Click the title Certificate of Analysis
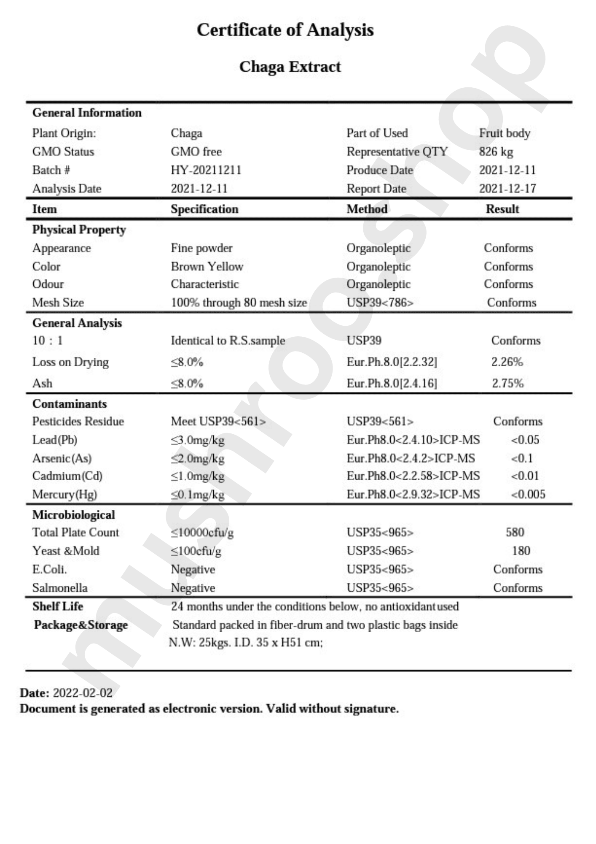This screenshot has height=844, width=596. pos(285,30)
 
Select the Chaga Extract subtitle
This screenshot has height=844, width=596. pos(290,67)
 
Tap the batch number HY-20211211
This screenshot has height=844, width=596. pos(206,170)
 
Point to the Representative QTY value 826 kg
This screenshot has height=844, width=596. pos(496,151)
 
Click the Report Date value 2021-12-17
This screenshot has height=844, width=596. pos(507,189)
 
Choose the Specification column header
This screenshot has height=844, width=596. pos(204,209)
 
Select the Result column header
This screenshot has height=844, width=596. pos(502,209)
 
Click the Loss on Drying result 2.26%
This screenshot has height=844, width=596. pos(507,362)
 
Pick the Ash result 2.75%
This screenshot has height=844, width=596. pos(507,384)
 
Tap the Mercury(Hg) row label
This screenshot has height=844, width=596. pos(64,495)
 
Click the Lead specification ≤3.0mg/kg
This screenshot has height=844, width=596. pos(197,440)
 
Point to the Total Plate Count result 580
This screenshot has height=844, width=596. pos(515,532)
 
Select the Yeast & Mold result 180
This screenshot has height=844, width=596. pos(521,551)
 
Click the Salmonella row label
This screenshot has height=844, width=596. pos(60,588)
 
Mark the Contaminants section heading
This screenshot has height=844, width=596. pos(70,404)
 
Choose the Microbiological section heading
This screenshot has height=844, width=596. pos(73,515)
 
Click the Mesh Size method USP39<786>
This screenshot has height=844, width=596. pos(380,303)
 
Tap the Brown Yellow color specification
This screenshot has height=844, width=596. pos(207,267)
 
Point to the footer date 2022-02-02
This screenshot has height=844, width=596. pos(83,693)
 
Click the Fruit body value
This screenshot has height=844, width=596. pos(504,133)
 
